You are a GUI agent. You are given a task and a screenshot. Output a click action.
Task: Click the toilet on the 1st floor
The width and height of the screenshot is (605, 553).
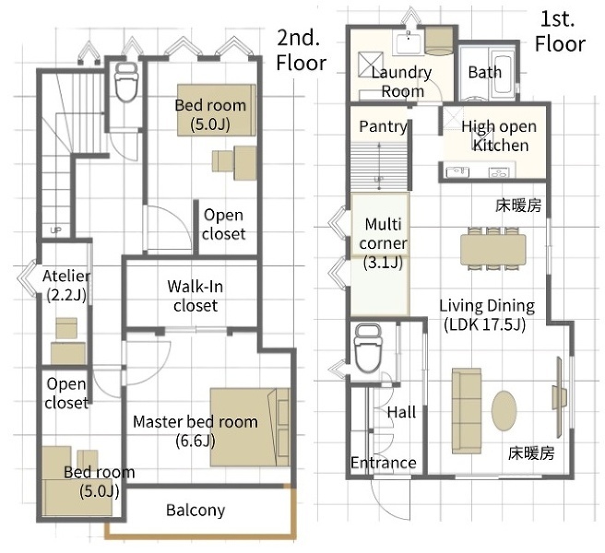pyautogui.click(x=368, y=345)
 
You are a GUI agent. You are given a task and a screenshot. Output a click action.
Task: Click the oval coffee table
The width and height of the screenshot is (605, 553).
pyautogui.click(x=504, y=411)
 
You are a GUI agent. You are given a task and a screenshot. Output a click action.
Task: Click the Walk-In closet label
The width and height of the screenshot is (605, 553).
pyautogui.click(x=196, y=295)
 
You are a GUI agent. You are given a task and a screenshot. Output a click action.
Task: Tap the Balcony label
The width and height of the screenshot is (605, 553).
pyautogui.click(x=195, y=510)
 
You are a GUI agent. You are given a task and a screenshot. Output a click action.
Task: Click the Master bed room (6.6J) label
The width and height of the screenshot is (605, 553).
pyautogui.click(x=195, y=430)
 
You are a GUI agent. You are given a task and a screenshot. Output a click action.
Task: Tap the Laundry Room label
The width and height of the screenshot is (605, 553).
pyautogui.click(x=402, y=81)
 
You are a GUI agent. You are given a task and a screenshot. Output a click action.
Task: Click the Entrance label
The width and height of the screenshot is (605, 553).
pyautogui.click(x=383, y=463)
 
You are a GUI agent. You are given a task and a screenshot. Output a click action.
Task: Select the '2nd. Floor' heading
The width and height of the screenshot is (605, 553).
pyautogui.click(x=301, y=50)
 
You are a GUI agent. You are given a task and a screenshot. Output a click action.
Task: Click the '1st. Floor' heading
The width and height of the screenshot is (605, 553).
pyautogui.click(x=559, y=31)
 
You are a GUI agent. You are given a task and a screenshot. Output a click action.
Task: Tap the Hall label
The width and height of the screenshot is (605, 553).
pyautogui.click(x=401, y=412)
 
